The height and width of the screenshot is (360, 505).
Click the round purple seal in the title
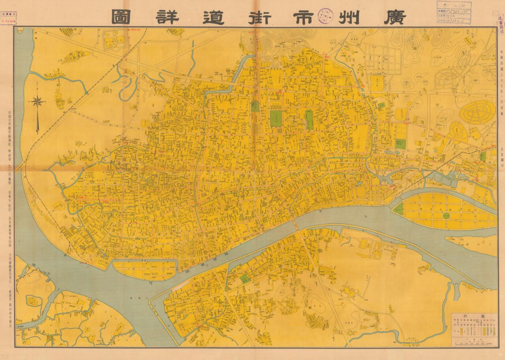click(326, 16)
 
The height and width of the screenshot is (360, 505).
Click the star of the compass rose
click(38, 102)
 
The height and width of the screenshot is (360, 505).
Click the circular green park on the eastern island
click(446, 216)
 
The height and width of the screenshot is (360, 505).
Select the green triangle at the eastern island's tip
click(398, 209)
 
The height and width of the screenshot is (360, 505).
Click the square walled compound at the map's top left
click(114, 40)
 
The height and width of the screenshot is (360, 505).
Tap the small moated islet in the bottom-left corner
click(33, 301)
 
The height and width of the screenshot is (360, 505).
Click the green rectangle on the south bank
click(245, 278)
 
